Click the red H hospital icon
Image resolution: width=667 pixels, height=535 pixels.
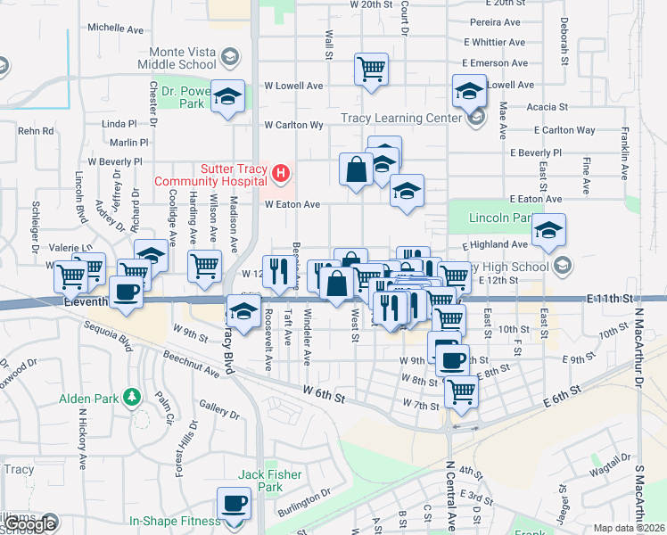[281, 172]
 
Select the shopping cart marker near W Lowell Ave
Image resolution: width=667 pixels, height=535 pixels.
[371, 69]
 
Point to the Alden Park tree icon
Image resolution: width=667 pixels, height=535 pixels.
[132, 395]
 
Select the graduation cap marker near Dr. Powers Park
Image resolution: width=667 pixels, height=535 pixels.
[227, 95]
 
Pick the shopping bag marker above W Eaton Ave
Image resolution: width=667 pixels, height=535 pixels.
[356, 169]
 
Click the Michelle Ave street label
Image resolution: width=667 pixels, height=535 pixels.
[115, 29]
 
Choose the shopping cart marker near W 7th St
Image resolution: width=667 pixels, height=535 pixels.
[460, 390]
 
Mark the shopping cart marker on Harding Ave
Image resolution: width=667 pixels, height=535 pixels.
[205, 265]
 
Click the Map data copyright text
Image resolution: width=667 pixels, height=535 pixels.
[630, 528]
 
